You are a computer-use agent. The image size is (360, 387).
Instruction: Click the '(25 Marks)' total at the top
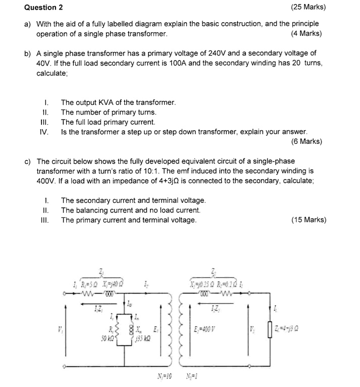point(308,8)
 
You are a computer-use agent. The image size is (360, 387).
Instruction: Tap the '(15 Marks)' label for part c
point(308,220)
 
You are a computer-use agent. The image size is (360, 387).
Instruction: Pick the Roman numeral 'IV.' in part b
point(43,132)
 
